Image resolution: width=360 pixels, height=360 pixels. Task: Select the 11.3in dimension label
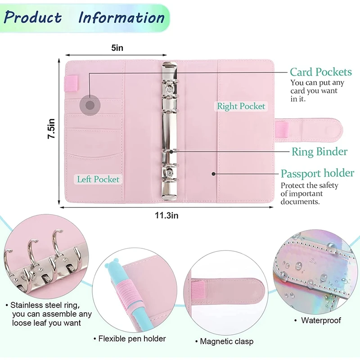[x=166, y=216]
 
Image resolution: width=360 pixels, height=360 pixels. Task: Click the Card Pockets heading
[x=320, y=72]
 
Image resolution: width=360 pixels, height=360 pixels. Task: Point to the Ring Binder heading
[x=319, y=152]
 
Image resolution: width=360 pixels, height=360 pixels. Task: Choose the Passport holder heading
[x=317, y=173]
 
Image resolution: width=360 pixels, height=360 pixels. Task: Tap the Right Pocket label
[x=241, y=106]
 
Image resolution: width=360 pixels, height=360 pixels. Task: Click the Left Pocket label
[x=98, y=179]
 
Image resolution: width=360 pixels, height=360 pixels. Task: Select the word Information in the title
[x=121, y=18]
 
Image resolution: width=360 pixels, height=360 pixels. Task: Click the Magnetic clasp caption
[x=227, y=342]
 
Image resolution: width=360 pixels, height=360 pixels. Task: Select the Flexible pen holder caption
[x=130, y=338]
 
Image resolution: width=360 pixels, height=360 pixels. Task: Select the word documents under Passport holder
[x=300, y=202]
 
